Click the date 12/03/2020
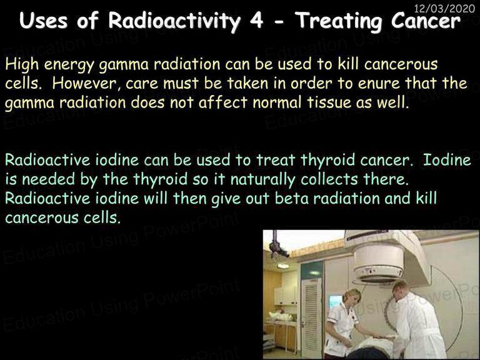pyautogui.click(x=444, y=8)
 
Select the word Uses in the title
pyautogui.click(x=44, y=21)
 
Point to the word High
pyautogui.click(x=22, y=65)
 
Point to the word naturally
pyautogui.click(x=263, y=180)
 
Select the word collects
pyautogui.click(x=329, y=179)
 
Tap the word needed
pyautogui.click(x=49, y=179)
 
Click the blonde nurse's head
pyautogui.click(x=352, y=297)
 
